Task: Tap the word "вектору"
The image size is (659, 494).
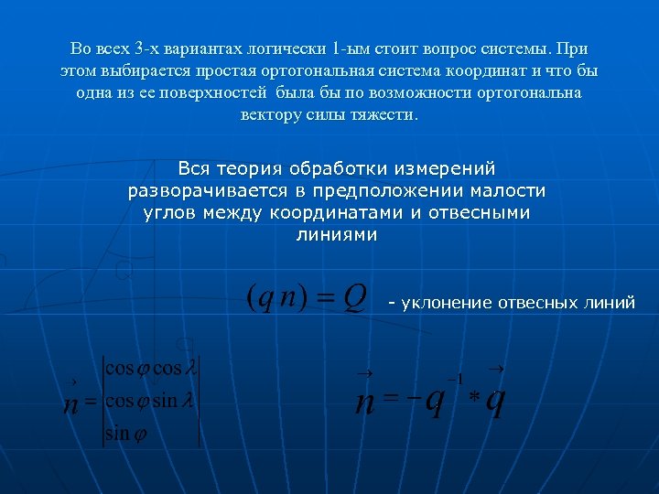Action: click(x=272, y=116)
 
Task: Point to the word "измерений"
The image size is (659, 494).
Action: click(x=448, y=169)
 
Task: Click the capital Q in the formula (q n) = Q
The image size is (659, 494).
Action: click(x=355, y=295)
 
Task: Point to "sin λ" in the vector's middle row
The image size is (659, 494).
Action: click(x=169, y=402)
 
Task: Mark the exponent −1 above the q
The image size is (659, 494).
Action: click(x=454, y=378)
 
